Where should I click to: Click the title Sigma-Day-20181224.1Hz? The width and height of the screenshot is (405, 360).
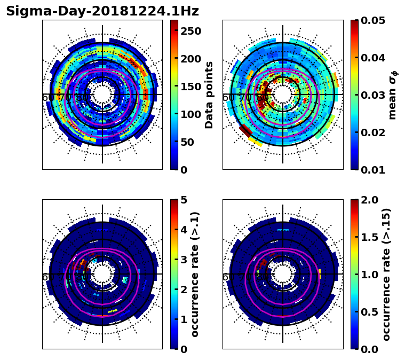[102, 11]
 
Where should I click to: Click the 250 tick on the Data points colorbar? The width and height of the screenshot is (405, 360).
[190, 31]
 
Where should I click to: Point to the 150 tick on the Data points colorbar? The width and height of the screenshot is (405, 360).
[190, 87]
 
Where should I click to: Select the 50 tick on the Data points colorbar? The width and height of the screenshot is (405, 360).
[188, 142]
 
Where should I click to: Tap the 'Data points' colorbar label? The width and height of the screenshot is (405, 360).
[209, 95]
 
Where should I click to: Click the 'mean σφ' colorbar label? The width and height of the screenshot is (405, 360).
[392, 95]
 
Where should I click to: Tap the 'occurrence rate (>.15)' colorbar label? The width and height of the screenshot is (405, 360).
[386, 274]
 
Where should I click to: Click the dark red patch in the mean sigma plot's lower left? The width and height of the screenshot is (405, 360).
[245, 130]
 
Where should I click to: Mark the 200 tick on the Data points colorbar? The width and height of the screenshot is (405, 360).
[190, 59]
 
